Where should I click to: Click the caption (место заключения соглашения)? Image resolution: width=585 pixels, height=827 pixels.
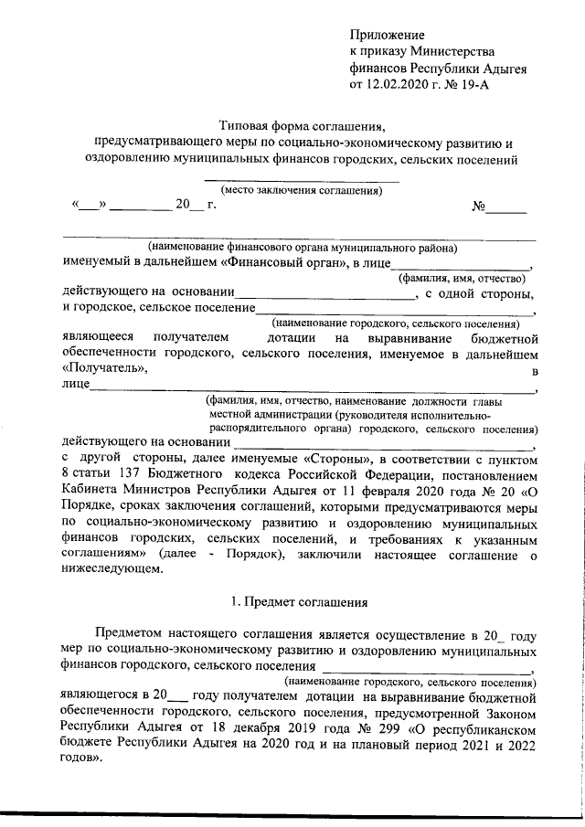300,191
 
